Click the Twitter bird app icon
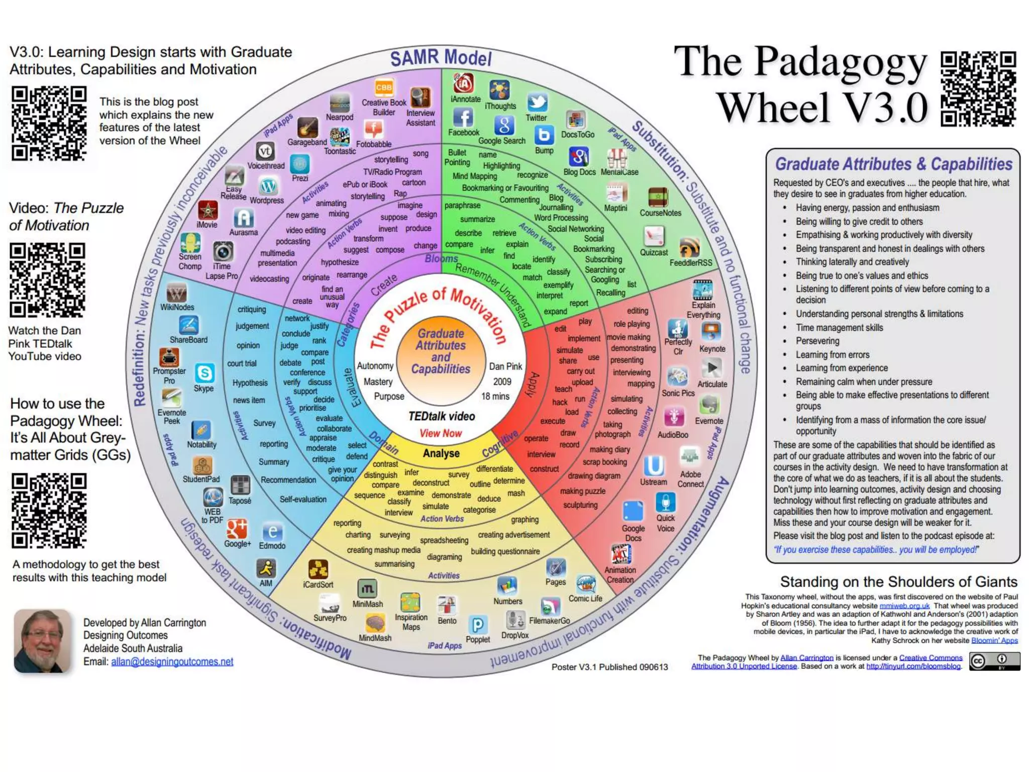coord(537,103)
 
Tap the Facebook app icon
coord(463,118)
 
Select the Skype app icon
coord(204,373)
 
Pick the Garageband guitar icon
coord(307,128)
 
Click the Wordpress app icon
coord(268,186)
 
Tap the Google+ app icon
coord(237,529)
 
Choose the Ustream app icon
coord(654,466)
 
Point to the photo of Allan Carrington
coord(42,641)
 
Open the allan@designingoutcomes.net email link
coord(172,662)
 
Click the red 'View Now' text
coord(441,433)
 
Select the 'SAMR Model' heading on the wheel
coord(441,58)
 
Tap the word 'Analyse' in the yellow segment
coord(441,453)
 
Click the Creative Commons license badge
coord(994,661)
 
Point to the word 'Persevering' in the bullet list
coord(817,341)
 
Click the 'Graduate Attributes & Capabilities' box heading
coord(893,164)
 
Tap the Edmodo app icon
coord(272,532)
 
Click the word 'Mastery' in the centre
coord(378,382)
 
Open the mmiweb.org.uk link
coord(904,606)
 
